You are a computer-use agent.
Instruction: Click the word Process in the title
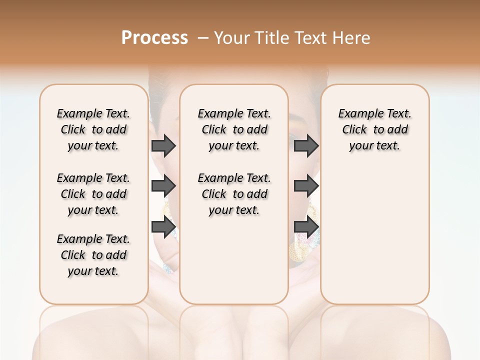pyautogui.click(x=154, y=38)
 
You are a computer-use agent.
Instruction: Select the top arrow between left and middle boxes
pyautogui.click(x=163, y=146)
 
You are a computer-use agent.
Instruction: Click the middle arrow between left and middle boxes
pyautogui.click(x=163, y=186)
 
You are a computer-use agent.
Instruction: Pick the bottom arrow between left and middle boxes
pyautogui.click(x=163, y=227)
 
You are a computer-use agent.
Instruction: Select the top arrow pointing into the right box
pyautogui.click(x=306, y=146)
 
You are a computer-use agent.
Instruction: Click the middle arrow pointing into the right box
pyautogui.click(x=306, y=186)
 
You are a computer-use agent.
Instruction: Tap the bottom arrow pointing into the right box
pyautogui.click(x=306, y=227)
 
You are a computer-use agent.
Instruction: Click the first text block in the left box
pyautogui.click(x=93, y=129)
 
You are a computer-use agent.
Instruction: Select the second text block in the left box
pyautogui.click(x=93, y=194)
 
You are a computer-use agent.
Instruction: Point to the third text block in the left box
pyautogui.click(x=93, y=255)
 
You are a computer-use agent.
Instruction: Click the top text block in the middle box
pyautogui.click(x=234, y=129)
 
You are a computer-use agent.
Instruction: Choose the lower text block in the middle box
pyautogui.click(x=234, y=194)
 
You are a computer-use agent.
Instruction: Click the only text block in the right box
pyautogui.click(x=375, y=129)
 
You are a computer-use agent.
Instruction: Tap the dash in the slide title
pyautogui.click(x=203, y=38)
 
